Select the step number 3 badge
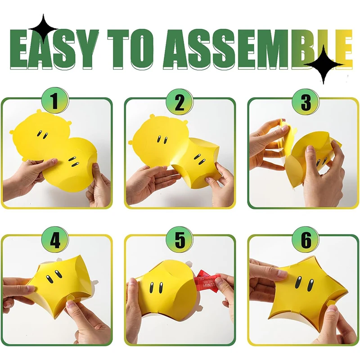click(306, 102)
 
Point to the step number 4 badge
click(55, 240)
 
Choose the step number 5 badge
click(180, 240)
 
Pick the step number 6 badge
click(306, 240)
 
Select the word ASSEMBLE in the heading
click(257, 49)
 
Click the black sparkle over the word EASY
click(43, 29)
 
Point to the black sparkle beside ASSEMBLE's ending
click(324, 64)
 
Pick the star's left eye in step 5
click(152, 288)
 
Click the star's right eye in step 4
click(58, 273)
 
